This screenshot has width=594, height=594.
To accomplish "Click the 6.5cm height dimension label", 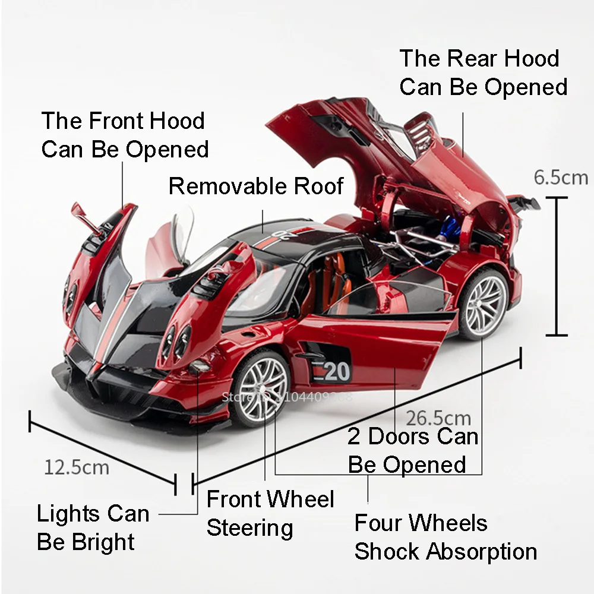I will click(x=560, y=177).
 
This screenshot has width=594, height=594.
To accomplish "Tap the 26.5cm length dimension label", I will click(x=439, y=419).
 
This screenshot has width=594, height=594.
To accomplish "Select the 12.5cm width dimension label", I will click(x=77, y=467).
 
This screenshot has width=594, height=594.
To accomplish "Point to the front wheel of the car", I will click(x=262, y=388).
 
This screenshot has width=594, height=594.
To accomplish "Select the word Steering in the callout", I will click(x=249, y=527).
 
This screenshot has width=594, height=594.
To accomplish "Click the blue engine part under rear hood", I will click(x=447, y=226).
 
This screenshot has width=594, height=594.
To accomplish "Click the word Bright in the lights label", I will click(x=103, y=542).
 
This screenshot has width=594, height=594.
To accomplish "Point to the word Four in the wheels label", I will click(x=377, y=523).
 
